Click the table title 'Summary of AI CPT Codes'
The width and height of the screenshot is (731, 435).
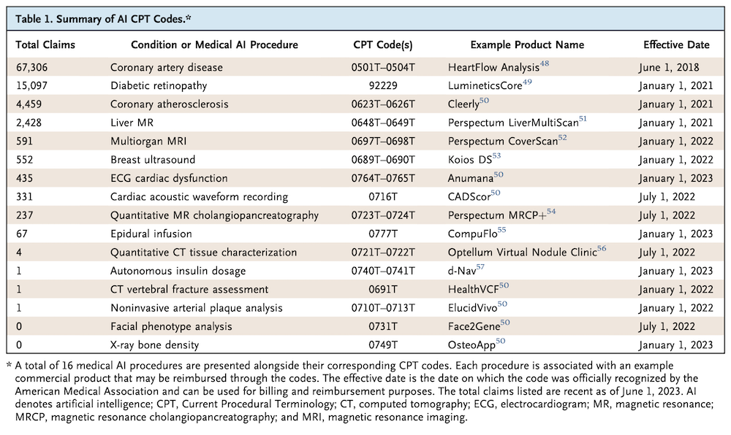[121, 19]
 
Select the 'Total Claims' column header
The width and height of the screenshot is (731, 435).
[45, 45]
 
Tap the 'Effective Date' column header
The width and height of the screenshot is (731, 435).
[676, 45]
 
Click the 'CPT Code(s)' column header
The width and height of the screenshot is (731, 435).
[383, 45]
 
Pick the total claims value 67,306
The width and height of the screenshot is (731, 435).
[31, 67]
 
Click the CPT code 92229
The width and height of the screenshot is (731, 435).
[383, 85]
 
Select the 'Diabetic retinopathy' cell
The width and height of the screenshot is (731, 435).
[159, 85]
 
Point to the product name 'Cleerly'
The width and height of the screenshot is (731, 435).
[463, 104]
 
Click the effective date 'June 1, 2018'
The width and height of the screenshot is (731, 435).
[669, 67]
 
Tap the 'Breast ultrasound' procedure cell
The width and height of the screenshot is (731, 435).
[153, 160]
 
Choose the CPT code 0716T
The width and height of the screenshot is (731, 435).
[383, 197]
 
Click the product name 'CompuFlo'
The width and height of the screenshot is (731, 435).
[473, 234]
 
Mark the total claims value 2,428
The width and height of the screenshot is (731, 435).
[29, 123]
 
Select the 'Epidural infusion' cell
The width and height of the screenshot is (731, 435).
[151, 234]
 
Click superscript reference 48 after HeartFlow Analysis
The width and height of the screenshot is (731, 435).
[544, 63]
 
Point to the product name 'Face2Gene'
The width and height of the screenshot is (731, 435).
[474, 326]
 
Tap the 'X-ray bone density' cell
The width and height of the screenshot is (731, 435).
[155, 345]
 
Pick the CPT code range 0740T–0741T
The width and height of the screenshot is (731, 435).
[383, 271]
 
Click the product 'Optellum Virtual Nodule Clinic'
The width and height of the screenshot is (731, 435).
[522, 253]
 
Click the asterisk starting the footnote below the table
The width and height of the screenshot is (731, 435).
[9, 365]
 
